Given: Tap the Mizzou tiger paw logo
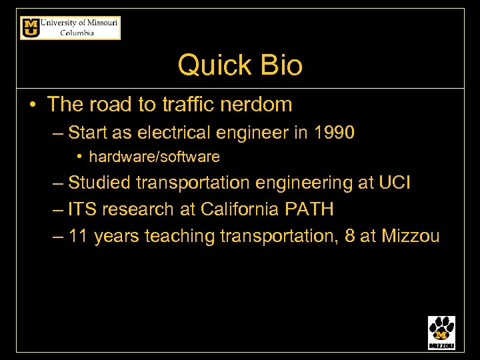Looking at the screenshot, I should pos(441,332).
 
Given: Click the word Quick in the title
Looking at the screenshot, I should pos(206,65).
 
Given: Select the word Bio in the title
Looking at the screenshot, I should pos(279,65).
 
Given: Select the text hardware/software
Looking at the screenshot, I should pos(154,157).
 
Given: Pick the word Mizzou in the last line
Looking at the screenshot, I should pos(410,236).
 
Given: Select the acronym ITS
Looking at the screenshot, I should pos(83,209).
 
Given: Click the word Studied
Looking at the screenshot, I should pos(98,183).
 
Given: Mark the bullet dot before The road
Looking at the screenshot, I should pos(32,105).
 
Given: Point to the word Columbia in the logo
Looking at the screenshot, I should pos(77,33).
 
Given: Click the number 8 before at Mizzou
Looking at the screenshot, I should pos(350,236).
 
